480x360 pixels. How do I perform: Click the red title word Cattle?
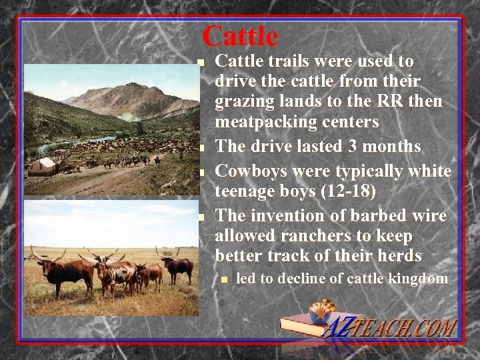(240, 36)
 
